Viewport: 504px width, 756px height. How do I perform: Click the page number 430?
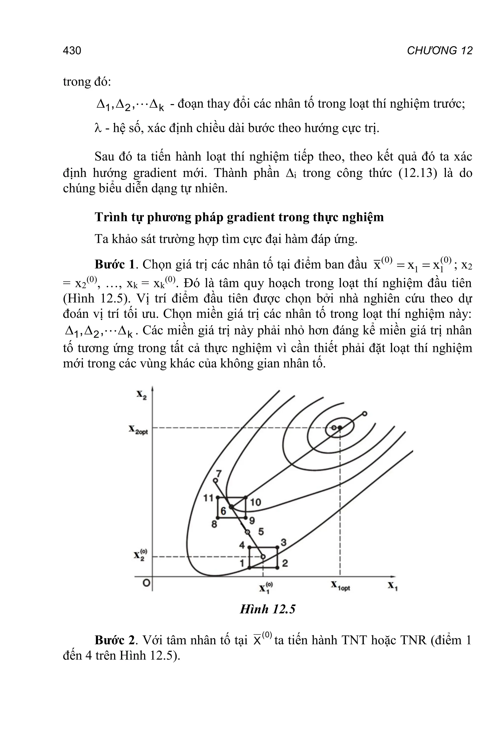pyautogui.click(x=72, y=51)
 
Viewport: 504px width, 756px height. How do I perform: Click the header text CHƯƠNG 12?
pyautogui.click(x=439, y=51)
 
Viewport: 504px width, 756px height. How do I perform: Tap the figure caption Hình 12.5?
pyautogui.click(x=268, y=609)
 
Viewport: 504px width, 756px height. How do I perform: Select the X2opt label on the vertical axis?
pyautogui.click(x=138, y=429)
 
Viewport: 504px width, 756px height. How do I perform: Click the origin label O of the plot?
pyautogui.click(x=146, y=583)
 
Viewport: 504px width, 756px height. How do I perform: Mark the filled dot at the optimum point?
pyautogui.click(x=340, y=427)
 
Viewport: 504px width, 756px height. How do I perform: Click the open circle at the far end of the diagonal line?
pyautogui.click(x=364, y=413)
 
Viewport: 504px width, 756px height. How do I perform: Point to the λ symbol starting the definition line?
pyautogui.click(x=98, y=128)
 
